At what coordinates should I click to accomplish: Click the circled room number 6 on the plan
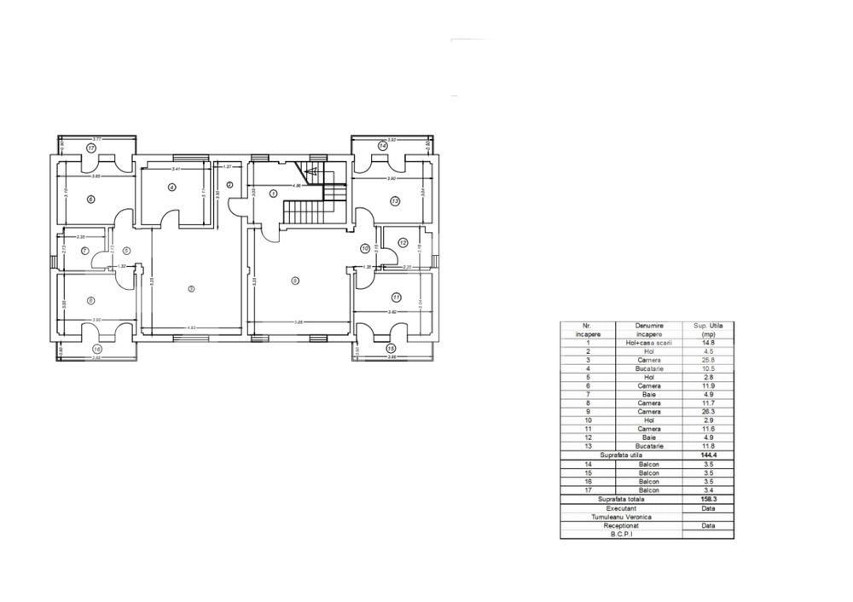point(90,200)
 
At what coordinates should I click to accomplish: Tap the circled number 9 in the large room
point(295,280)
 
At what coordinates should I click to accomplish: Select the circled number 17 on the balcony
point(90,148)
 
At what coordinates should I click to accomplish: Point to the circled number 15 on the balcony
point(391,349)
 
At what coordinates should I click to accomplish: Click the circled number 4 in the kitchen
point(171,188)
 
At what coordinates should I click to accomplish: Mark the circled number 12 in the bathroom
point(403,243)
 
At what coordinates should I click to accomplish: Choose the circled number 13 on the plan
point(395,201)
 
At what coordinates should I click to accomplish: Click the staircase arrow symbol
point(312,171)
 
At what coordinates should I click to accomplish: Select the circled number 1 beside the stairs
point(273,194)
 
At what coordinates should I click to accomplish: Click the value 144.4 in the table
point(708,456)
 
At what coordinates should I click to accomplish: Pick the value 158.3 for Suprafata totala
point(708,499)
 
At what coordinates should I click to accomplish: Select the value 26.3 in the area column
point(708,412)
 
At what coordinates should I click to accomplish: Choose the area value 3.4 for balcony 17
point(708,490)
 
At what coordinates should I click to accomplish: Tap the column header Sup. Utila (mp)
point(708,331)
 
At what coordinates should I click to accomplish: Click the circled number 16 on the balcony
point(96,350)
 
